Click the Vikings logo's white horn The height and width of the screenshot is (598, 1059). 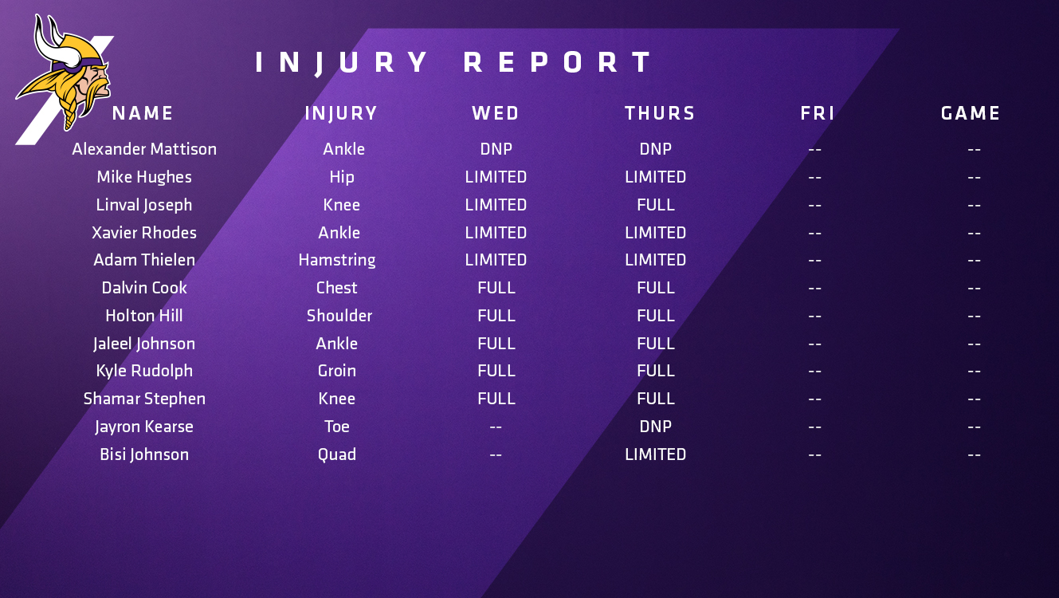click(52, 44)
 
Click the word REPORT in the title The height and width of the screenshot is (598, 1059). click(558, 62)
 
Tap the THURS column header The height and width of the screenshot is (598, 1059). click(660, 113)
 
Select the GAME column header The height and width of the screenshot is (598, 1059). click(970, 113)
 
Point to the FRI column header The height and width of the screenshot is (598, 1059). click(817, 113)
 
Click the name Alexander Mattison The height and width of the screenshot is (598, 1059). click(144, 149)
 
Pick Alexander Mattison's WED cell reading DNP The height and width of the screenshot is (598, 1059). click(496, 149)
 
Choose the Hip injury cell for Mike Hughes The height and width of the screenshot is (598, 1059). click(341, 178)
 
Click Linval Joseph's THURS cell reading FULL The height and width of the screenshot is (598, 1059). click(656, 205)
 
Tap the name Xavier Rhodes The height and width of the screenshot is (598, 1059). click(144, 233)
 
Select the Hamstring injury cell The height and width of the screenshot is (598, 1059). click(337, 260)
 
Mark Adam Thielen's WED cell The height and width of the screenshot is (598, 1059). click(496, 260)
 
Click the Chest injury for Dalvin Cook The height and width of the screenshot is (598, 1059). click(336, 288)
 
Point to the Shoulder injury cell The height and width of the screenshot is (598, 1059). click(339, 316)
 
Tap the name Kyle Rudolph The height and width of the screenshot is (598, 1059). click(144, 371)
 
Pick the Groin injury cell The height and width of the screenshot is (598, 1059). click(336, 371)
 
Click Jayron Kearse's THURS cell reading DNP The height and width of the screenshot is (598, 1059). click(656, 427)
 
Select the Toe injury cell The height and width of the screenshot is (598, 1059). click(336, 427)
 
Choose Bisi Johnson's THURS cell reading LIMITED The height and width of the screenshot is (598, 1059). click(656, 454)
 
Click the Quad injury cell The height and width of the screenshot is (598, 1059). click(336, 454)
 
